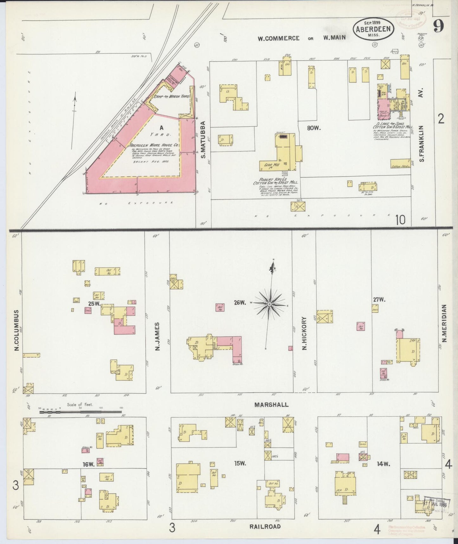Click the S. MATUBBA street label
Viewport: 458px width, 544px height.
point(203,139)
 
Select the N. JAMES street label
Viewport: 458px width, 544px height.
point(157,336)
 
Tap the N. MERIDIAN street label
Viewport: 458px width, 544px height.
point(444,323)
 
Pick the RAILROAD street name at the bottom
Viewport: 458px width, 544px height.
point(265,526)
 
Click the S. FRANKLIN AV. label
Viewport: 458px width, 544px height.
point(422,125)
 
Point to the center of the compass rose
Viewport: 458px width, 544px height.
point(269,304)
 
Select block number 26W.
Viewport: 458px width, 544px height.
point(240,303)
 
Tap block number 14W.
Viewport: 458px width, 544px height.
point(383,464)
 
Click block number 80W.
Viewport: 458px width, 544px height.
point(314,128)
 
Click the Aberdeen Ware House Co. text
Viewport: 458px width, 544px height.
point(154,145)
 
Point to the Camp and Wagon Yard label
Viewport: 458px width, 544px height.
point(171,96)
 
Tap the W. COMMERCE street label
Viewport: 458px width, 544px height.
point(278,38)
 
